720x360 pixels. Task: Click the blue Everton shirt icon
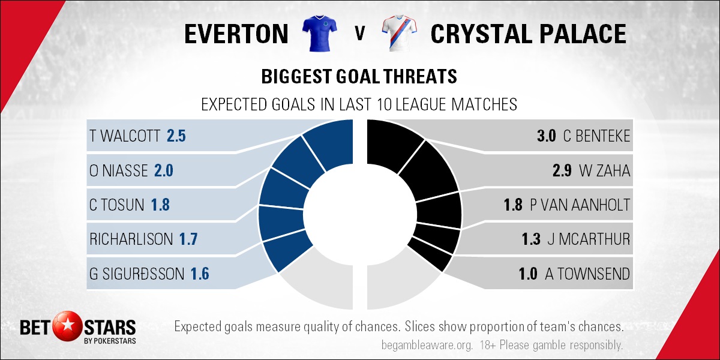click(x=319, y=33)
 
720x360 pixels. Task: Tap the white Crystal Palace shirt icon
click(x=399, y=33)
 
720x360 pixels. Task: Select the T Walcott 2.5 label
click(x=137, y=136)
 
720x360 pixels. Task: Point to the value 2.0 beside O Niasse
click(x=164, y=170)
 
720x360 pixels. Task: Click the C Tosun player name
click(x=116, y=205)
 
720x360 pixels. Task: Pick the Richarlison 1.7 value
click(x=188, y=239)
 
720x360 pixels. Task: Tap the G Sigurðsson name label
click(x=137, y=274)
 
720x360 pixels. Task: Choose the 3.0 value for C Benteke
click(x=546, y=136)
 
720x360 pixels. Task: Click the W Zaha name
click(x=604, y=170)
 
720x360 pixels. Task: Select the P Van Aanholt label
click(x=580, y=205)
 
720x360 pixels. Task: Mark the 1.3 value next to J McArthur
click(x=531, y=239)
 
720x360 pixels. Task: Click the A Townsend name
click(x=587, y=274)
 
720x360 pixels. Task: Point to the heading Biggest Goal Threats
click(x=359, y=77)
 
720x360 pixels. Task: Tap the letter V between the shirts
click(x=359, y=34)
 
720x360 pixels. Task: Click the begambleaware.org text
click(x=427, y=345)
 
